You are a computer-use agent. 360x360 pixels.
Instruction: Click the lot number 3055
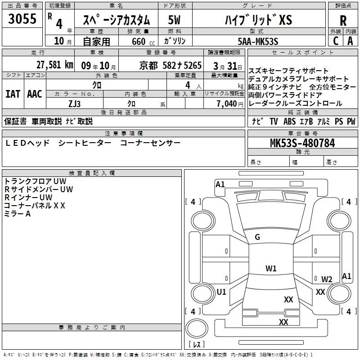pos(22,20)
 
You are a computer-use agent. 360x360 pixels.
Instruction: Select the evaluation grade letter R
pos(343,20)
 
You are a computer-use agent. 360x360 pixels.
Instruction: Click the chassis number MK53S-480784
pos(302,144)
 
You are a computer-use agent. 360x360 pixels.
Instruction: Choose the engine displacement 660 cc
pos(138,41)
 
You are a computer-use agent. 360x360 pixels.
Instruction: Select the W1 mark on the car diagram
pos(271,269)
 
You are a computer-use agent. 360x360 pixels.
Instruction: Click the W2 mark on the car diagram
pos(327,279)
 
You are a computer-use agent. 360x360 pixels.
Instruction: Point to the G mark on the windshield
pos(257,237)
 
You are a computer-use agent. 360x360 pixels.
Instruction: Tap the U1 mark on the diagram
pos(221,292)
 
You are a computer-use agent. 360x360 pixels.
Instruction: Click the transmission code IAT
pos(13,94)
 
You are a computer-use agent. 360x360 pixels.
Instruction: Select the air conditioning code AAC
pos(34,94)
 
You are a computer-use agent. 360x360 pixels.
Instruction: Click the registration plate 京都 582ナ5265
pos(171,65)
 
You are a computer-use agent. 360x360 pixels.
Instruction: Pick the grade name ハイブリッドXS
pos(258,20)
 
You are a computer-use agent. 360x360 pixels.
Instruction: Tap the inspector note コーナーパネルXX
pos(35,205)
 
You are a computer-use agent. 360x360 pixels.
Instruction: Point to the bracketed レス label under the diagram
pos(196,345)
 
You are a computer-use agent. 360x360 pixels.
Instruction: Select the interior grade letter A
pos(350,40)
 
